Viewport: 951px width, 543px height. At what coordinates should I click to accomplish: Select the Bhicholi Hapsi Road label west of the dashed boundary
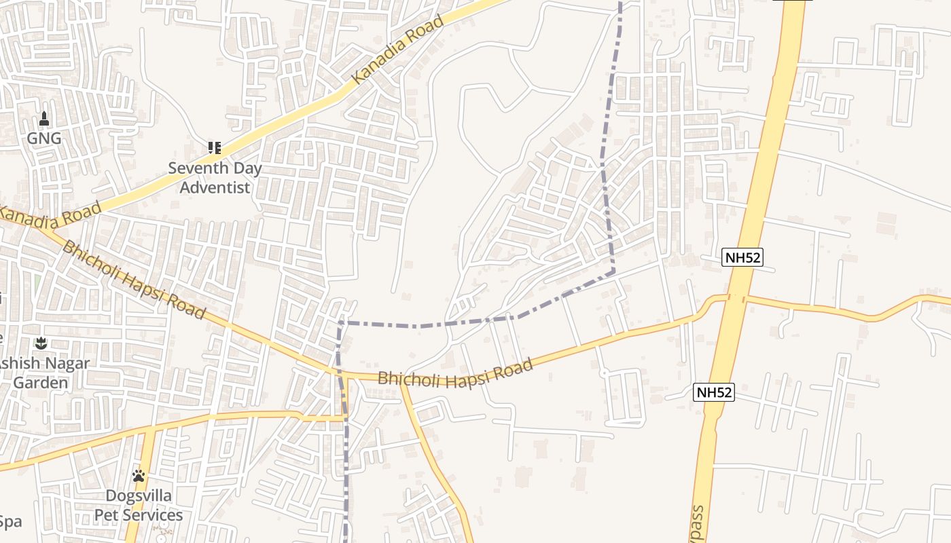pyautogui.click(x=133, y=279)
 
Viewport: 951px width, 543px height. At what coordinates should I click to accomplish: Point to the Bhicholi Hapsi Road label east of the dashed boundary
pyautogui.click(x=455, y=372)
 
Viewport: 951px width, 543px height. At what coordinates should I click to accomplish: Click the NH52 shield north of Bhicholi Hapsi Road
pyautogui.click(x=742, y=257)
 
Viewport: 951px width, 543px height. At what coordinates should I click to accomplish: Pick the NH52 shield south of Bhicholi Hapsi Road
pyautogui.click(x=715, y=392)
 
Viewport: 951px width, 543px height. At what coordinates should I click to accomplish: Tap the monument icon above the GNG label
pyautogui.click(x=44, y=119)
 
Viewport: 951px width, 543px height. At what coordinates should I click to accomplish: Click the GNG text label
pyautogui.click(x=44, y=139)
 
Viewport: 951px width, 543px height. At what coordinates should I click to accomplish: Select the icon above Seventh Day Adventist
pyautogui.click(x=215, y=147)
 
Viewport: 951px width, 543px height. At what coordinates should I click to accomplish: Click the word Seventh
pyautogui.click(x=197, y=168)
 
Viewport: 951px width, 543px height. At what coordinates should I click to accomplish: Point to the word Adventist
pyautogui.click(x=215, y=187)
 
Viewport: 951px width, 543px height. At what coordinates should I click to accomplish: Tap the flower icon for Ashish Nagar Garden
pyautogui.click(x=41, y=343)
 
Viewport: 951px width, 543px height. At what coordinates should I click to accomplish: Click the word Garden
pyautogui.click(x=41, y=382)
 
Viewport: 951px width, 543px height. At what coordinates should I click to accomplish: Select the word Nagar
pyautogui.click(x=65, y=363)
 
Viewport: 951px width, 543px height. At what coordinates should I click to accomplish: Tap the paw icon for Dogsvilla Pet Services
pyautogui.click(x=139, y=476)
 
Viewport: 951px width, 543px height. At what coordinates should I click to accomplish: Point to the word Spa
pyautogui.click(x=11, y=522)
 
